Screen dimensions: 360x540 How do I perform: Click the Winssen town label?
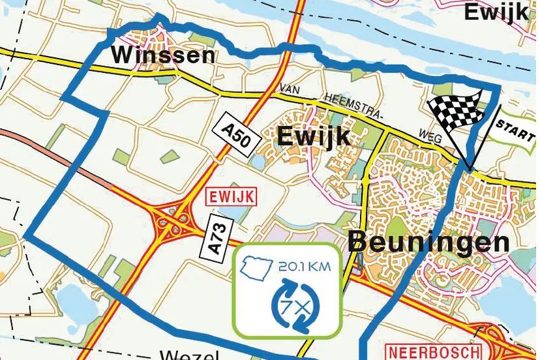pyautogui.click(x=162, y=55)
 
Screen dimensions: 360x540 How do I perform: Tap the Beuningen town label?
pyautogui.click(x=429, y=242)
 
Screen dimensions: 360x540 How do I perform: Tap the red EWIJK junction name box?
pyautogui.click(x=228, y=196)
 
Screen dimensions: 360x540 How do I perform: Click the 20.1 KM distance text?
pyautogui.click(x=304, y=267)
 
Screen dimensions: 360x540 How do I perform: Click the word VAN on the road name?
pyautogui.click(x=292, y=88)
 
